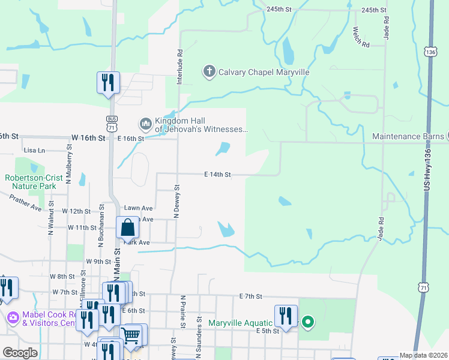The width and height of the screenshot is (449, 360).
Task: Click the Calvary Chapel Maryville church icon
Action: point(209,72)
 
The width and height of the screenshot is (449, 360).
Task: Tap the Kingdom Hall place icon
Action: point(145,124)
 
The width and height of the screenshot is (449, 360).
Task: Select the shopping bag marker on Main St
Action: point(128,229)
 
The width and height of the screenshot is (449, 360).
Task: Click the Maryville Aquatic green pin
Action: point(308,323)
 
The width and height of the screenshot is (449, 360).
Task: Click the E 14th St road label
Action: point(217,175)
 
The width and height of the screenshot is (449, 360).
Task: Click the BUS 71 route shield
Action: point(112,123)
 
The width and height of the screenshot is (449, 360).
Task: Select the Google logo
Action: point(19,353)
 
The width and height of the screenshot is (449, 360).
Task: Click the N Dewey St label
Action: point(177,205)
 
